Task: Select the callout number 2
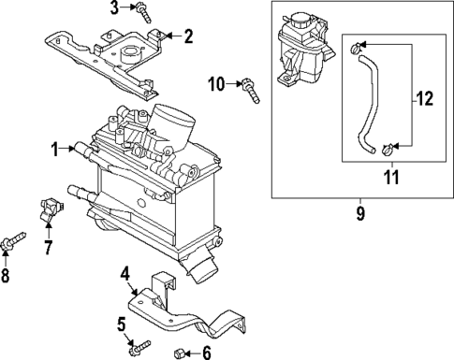click(x=188, y=37)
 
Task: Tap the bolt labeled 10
click(x=251, y=88)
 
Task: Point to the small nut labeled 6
click(x=181, y=353)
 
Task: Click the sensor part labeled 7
click(x=50, y=211)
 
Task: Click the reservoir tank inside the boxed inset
click(x=301, y=56)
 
